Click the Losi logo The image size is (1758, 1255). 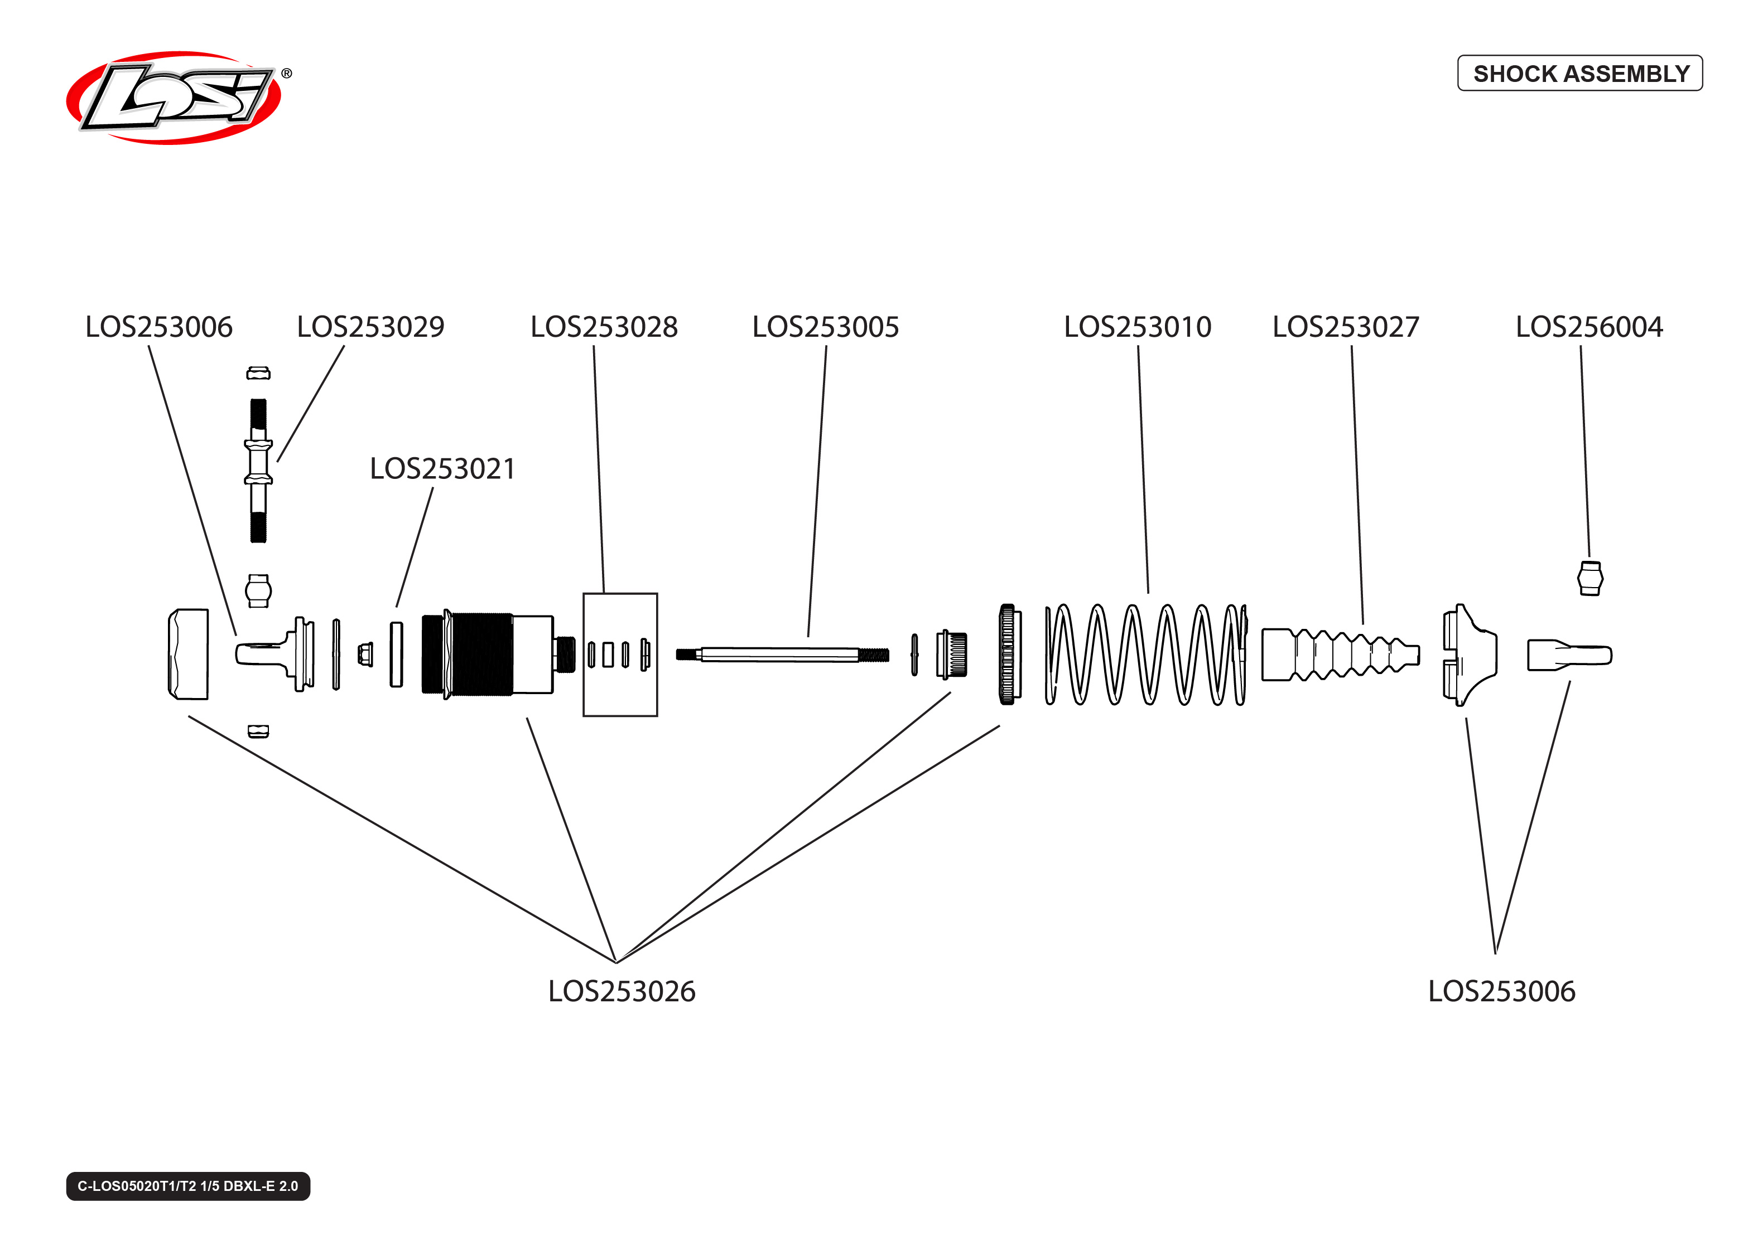[x=174, y=98]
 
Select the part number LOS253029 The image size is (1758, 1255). [x=370, y=327]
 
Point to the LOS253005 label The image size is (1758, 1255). [x=825, y=327]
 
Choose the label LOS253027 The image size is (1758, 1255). [x=1345, y=327]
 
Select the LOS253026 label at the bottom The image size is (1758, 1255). [x=621, y=991]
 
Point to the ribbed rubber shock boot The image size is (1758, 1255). [x=1339, y=655]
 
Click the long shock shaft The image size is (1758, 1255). [x=781, y=655]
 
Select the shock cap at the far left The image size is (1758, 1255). [x=188, y=654]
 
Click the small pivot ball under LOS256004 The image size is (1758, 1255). [x=1590, y=578]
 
